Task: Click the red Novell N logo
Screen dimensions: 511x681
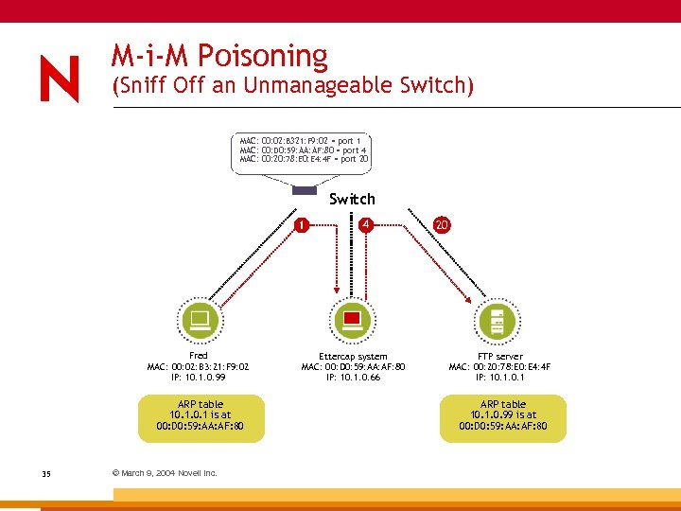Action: pyautogui.click(x=60, y=79)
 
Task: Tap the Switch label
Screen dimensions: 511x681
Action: pyautogui.click(x=352, y=199)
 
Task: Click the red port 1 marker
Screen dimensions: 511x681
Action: pyautogui.click(x=300, y=225)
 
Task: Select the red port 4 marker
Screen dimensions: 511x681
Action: pyautogui.click(x=364, y=224)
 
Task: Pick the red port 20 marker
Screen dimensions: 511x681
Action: pyautogui.click(x=442, y=224)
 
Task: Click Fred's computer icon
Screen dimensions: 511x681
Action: pyautogui.click(x=200, y=319)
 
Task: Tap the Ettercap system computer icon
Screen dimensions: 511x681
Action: pyautogui.click(x=352, y=319)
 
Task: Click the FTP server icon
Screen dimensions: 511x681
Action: pyautogui.click(x=494, y=319)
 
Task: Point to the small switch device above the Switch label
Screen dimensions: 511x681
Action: pyautogui.click(x=305, y=190)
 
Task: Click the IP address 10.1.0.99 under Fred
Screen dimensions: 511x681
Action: pyautogui.click(x=198, y=377)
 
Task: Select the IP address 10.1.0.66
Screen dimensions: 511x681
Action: pyautogui.click(x=353, y=377)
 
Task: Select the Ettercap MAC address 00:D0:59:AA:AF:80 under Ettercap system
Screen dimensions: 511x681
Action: pyautogui.click(x=353, y=367)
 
